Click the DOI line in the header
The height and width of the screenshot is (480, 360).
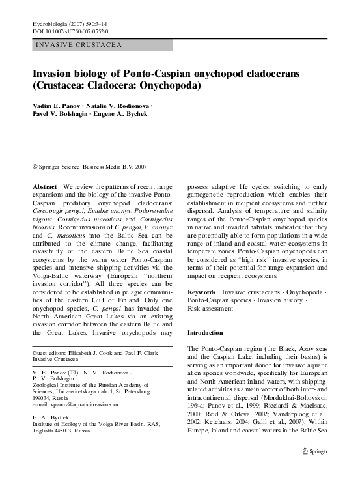tap(70, 31)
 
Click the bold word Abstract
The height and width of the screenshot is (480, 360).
tap(45, 186)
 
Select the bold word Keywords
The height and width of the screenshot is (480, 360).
tap(202, 292)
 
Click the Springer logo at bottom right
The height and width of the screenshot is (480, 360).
tap(318, 469)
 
